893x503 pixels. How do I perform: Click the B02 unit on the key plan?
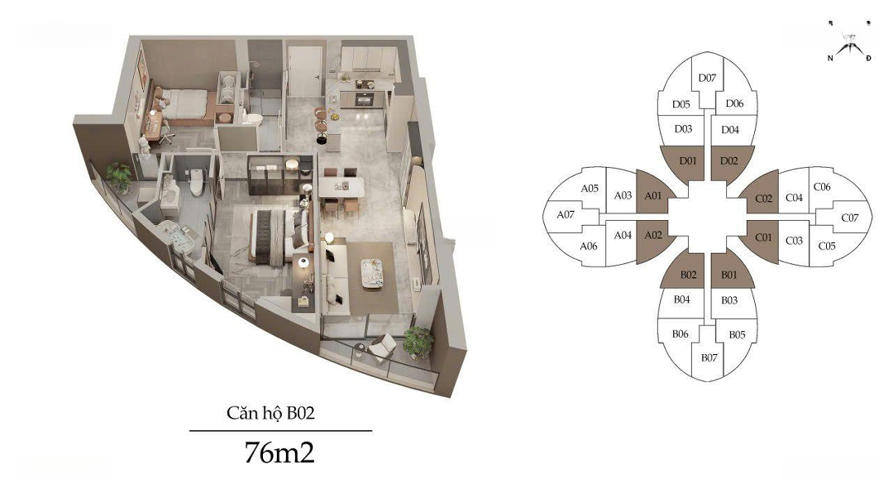click(x=687, y=272)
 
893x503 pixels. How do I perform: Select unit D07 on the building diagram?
click(x=707, y=79)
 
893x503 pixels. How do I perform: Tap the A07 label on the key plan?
click(x=566, y=215)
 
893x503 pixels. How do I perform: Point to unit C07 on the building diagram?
click(x=849, y=218)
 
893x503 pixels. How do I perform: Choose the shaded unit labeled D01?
click(x=687, y=162)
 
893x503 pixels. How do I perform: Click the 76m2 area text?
click(x=279, y=453)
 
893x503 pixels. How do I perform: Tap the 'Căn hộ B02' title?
click(x=270, y=413)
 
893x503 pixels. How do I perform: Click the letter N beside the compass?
click(x=830, y=58)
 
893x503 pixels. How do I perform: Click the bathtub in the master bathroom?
click(x=175, y=237)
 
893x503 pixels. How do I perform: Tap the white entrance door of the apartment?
click(x=305, y=71)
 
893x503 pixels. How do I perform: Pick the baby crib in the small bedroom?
click(x=228, y=89)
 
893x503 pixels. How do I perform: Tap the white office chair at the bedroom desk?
click(x=165, y=132)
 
